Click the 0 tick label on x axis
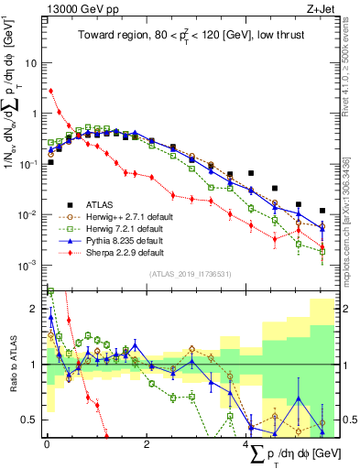(x=46, y=444)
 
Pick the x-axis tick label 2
(x=147, y=444)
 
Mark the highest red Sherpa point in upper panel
(x=50, y=91)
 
